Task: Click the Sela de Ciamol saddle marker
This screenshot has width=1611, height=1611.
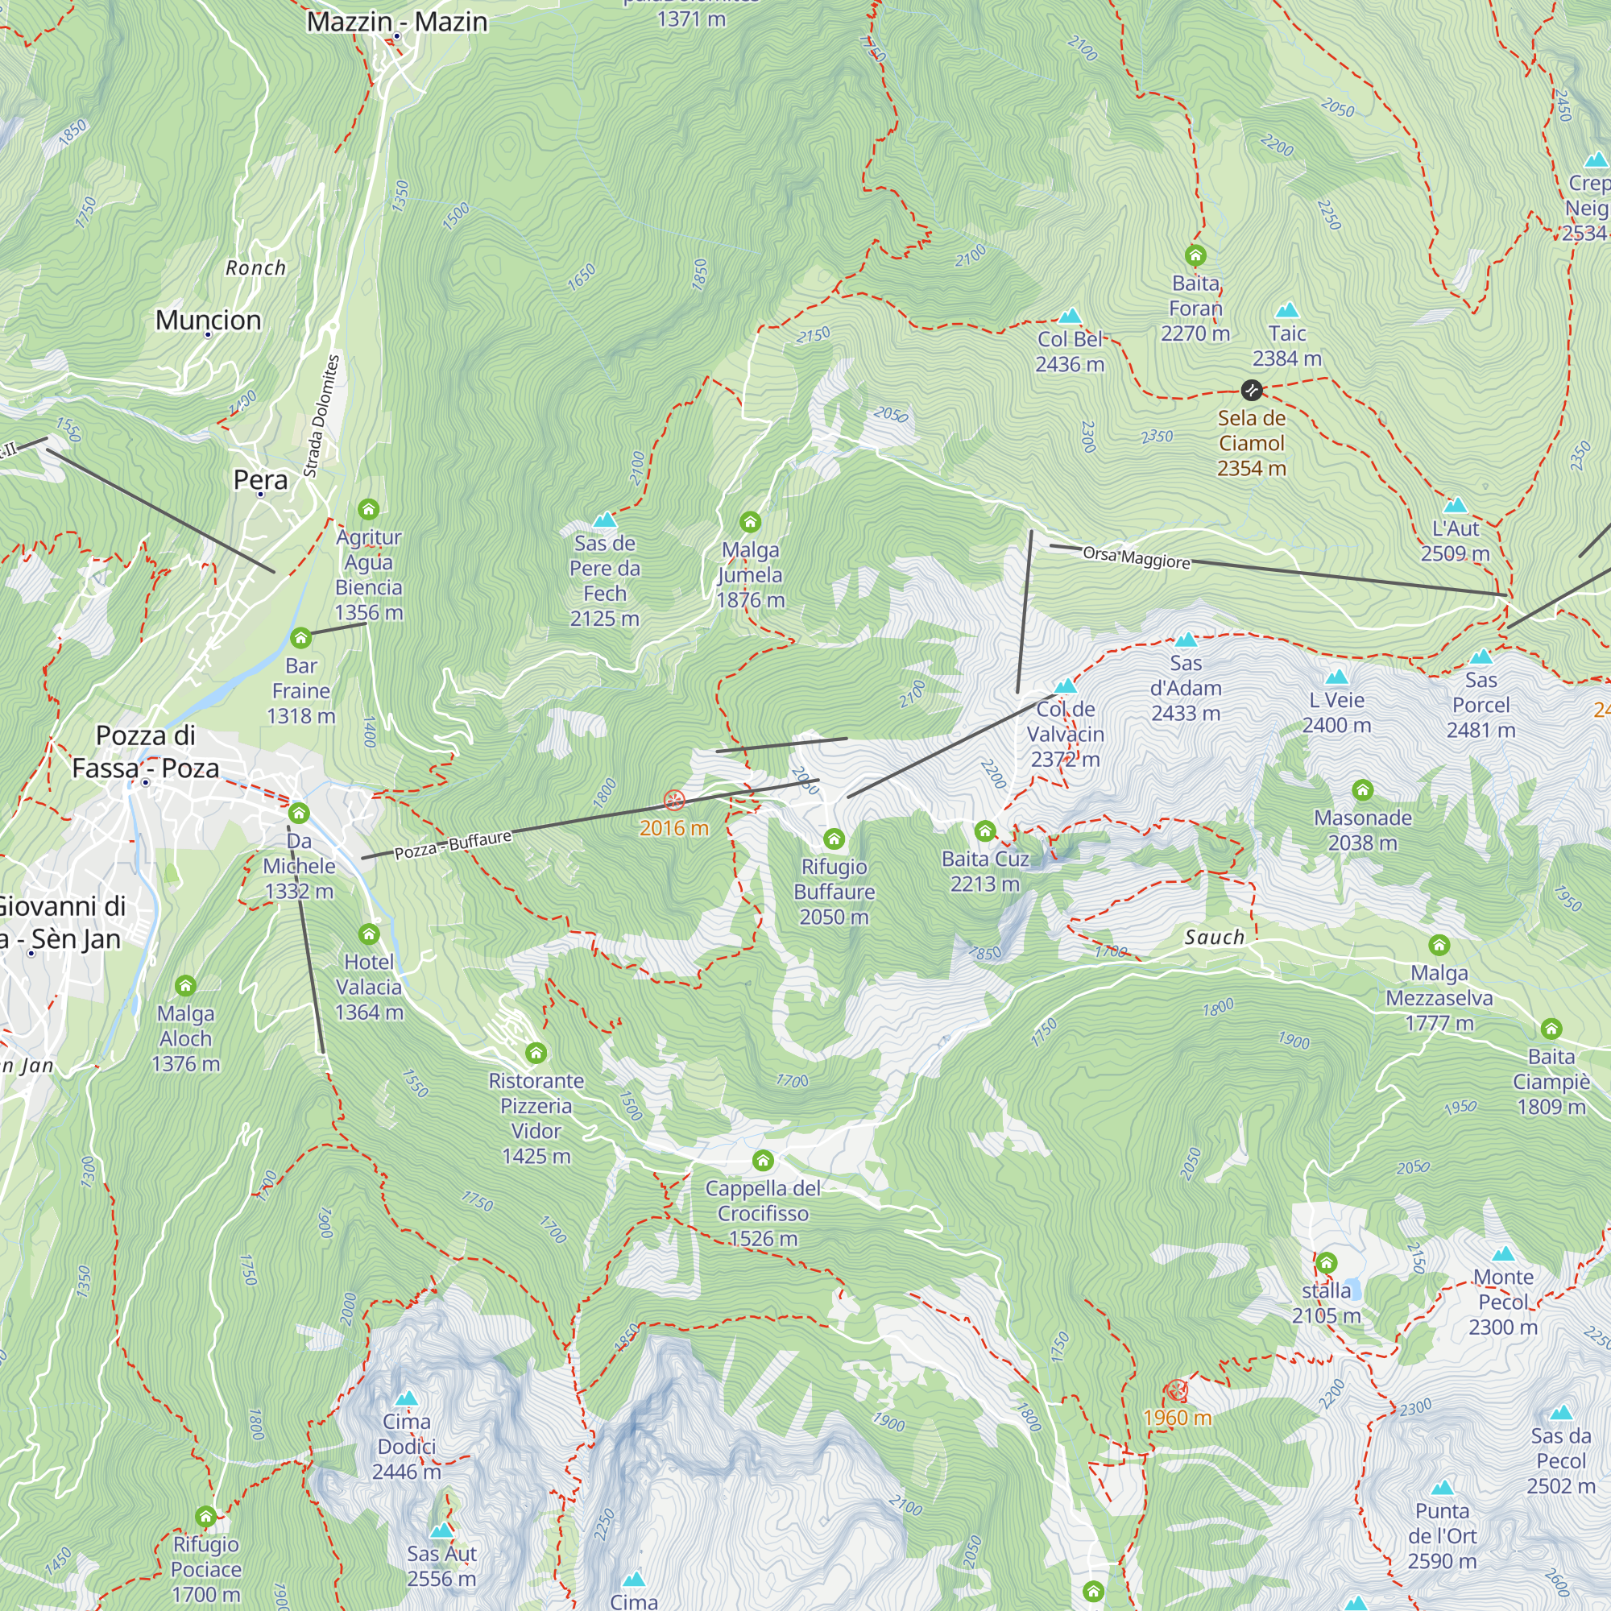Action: click(x=1251, y=389)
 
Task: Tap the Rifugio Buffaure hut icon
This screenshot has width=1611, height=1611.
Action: click(x=834, y=839)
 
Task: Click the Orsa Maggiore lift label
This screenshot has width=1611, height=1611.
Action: click(x=1136, y=558)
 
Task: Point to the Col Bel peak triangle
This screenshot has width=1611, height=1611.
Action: click(x=1069, y=316)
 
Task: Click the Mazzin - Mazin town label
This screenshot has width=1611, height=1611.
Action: click(x=397, y=22)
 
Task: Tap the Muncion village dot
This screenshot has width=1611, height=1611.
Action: click(x=209, y=334)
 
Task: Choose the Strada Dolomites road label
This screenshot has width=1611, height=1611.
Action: click(x=322, y=416)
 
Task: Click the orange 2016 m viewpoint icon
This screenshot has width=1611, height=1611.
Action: click(x=673, y=801)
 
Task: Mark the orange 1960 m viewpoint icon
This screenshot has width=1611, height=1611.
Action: click(x=1176, y=1390)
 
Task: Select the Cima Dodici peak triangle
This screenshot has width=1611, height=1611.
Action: click(x=406, y=1398)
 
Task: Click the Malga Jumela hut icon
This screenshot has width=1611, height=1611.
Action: click(x=750, y=523)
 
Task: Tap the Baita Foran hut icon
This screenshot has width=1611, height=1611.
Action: click(x=1195, y=255)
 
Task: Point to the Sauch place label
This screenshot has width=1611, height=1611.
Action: click(x=1214, y=938)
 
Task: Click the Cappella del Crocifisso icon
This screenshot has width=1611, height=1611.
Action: click(x=762, y=1161)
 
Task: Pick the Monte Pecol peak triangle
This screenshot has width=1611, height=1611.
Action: click(x=1502, y=1254)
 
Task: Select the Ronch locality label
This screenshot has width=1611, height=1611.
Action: click(x=255, y=267)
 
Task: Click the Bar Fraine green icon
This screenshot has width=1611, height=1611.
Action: click(x=300, y=639)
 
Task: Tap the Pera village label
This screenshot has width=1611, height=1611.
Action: click(x=260, y=479)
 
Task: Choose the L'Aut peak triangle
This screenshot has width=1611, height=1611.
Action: click(x=1455, y=505)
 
